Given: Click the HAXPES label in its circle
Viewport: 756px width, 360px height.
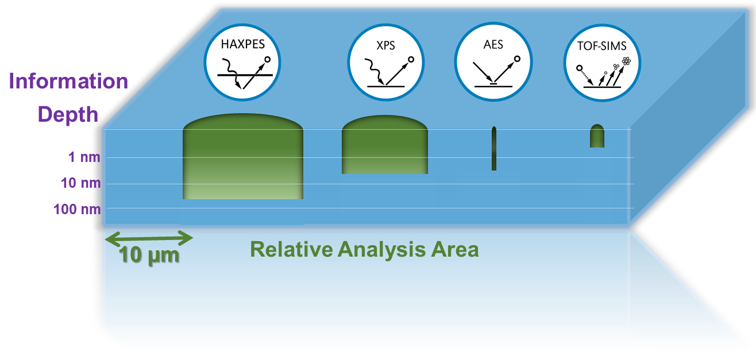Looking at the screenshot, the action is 242,44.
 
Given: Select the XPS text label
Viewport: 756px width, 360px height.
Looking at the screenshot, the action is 385,45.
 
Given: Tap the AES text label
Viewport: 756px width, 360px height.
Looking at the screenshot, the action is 493,45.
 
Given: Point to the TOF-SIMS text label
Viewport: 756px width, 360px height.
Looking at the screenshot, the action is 601,46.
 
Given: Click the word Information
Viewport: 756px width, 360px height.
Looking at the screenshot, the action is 68,81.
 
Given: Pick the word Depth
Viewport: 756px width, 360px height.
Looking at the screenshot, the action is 68,114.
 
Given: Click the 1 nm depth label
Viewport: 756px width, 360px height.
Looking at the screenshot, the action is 84,157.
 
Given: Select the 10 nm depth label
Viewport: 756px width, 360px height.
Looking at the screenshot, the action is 80,183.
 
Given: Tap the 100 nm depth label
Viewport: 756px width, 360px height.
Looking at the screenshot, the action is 77,209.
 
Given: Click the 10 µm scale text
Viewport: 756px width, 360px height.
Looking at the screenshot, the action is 149,255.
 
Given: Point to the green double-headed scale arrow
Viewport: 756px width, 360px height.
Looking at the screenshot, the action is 149,238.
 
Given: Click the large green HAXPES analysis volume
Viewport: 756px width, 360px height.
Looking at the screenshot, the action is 242,156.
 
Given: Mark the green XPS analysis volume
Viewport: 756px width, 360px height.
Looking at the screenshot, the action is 385,145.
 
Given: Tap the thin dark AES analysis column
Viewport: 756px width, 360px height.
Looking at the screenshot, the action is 494,149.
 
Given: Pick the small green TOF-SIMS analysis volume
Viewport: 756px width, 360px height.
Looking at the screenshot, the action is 597,136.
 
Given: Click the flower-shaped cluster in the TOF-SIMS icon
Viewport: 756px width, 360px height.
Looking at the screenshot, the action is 626,61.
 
